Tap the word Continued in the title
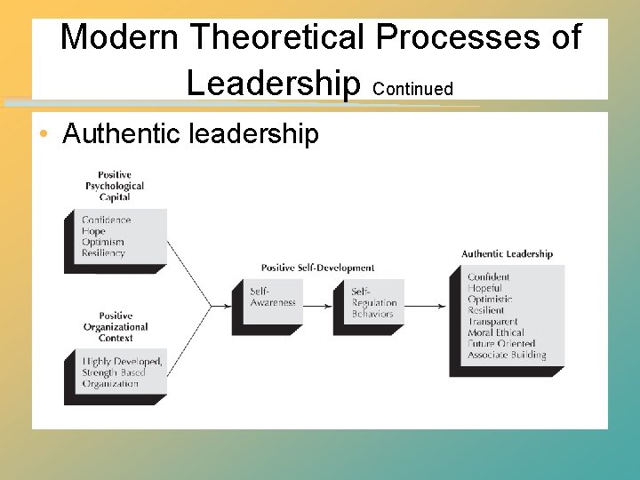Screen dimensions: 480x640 click(x=413, y=89)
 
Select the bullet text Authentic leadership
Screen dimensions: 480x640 click(x=190, y=134)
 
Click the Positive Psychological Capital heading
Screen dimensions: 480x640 click(x=115, y=186)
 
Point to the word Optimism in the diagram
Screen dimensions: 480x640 click(x=103, y=242)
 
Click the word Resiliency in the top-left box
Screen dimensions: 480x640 click(x=104, y=253)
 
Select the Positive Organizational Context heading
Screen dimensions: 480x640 click(x=116, y=327)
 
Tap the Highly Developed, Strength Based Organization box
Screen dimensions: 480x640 click(x=122, y=372)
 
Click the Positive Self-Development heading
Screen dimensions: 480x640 click(x=317, y=268)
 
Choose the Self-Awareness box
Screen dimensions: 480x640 click(x=266, y=298)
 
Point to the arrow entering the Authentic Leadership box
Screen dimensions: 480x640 click(x=430, y=307)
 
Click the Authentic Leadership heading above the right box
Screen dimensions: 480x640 click(x=507, y=254)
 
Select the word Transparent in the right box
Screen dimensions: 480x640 click(x=492, y=322)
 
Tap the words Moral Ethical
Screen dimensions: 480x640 click(x=496, y=332)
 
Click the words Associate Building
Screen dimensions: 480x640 click(x=507, y=355)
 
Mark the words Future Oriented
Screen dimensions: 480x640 click(x=501, y=344)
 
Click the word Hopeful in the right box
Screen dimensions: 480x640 click(x=485, y=288)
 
